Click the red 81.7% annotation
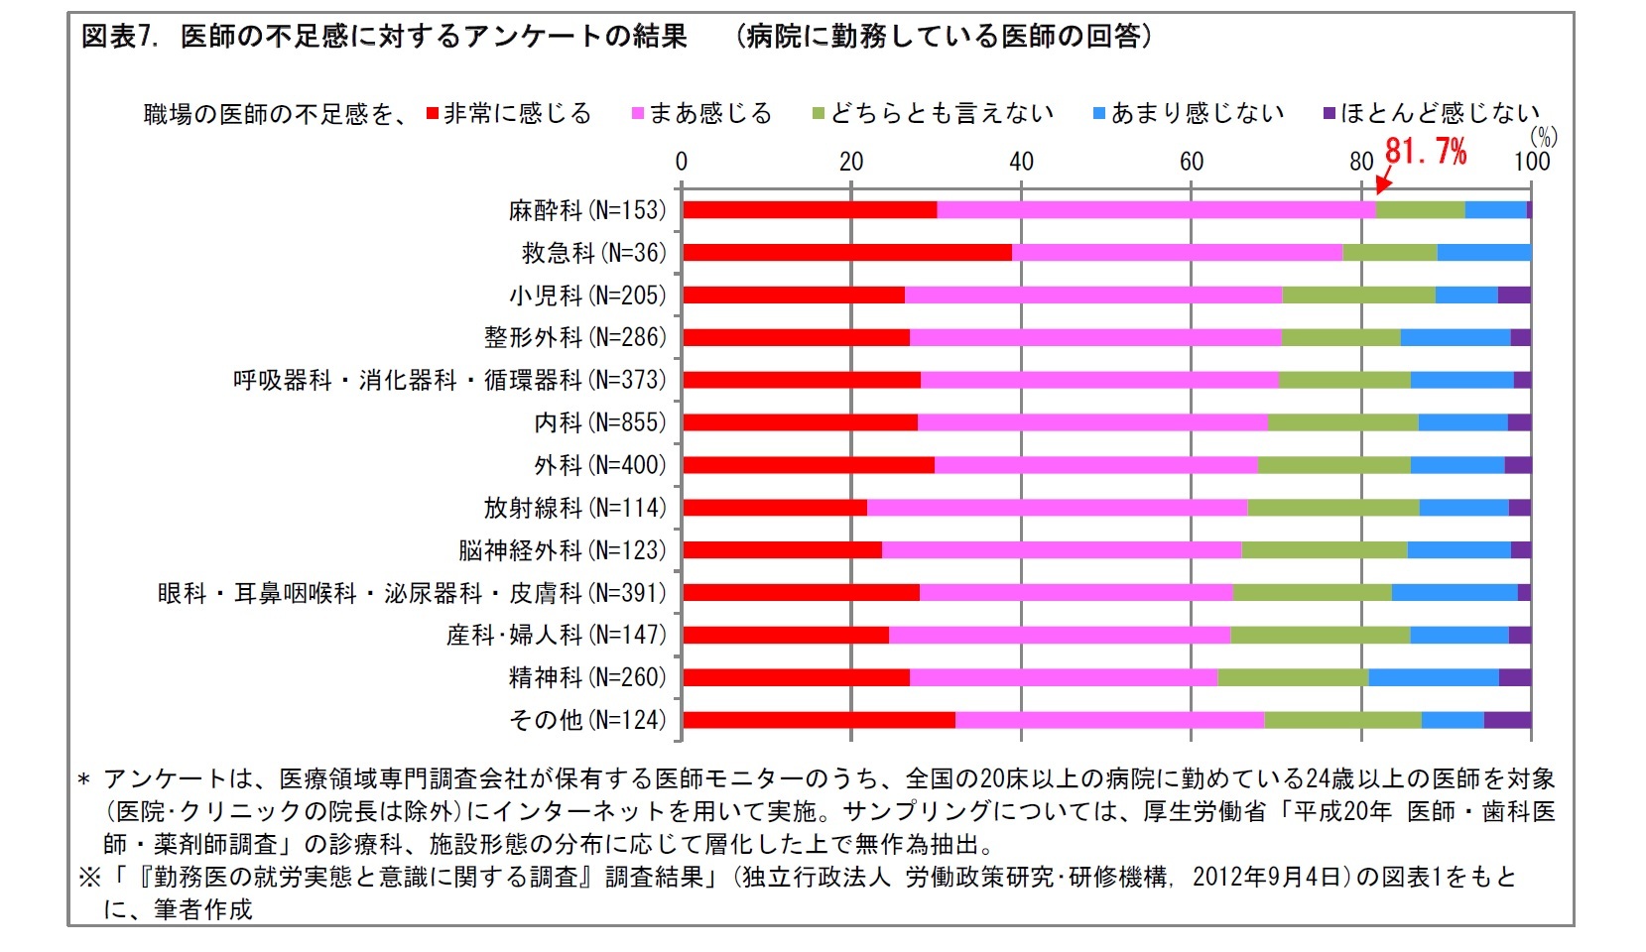(1425, 151)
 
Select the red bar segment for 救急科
(846, 252)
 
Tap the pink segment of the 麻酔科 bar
(1156, 209)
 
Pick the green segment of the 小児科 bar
(1358, 295)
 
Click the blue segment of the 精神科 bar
(1434, 677)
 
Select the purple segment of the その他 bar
(1507, 720)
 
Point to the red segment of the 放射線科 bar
(775, 508)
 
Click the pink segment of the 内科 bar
(1092, 422)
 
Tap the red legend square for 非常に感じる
(433, 114)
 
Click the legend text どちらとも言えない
(942, 113)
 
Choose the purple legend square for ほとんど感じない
(1330, 114)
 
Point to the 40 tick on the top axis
(1021, 162)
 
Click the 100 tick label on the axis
(1531, 162)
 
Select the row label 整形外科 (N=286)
(574, 337)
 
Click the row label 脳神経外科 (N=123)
(562, 550)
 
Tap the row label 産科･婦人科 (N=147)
(556, 635)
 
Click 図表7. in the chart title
(119, 38)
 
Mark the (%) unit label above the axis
(1543, 137)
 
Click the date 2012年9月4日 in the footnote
(1266, 877)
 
